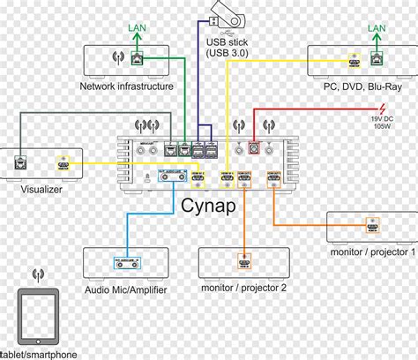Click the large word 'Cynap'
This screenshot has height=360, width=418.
point(210,204)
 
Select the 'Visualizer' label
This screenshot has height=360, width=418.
point(43,186)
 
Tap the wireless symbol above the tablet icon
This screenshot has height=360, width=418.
point(38,276)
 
